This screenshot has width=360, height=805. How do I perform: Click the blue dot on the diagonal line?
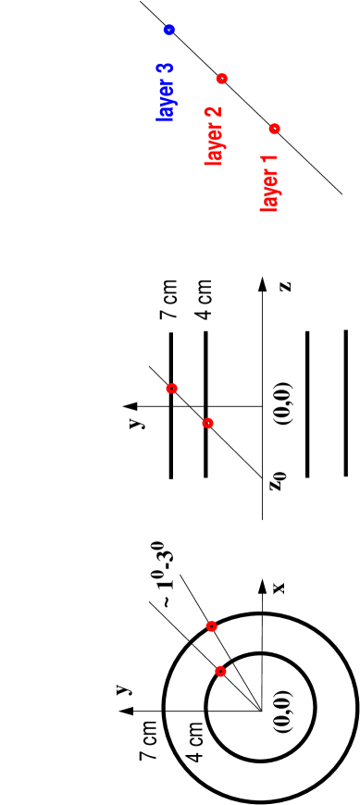(x=169, y=31)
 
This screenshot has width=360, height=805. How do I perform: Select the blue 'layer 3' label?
(x=166, y=93)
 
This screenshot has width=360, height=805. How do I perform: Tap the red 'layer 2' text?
(x=215, y=137)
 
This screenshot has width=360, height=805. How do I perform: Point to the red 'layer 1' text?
(x=269, y=183)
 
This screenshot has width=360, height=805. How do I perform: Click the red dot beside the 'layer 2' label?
(x=221, y=78)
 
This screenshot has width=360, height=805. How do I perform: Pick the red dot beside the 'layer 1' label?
(x=275, y=128)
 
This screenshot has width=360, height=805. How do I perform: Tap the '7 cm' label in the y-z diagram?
(x=169, y=303)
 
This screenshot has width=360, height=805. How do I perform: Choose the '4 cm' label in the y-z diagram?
(x=205, y=303)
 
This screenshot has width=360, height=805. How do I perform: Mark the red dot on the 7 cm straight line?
(x=171, y=389)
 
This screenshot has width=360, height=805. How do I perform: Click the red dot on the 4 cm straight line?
(x=207, y=423)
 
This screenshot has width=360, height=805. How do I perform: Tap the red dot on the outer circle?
(x=211, y=626)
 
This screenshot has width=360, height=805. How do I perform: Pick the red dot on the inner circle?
(x=219, y=670)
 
